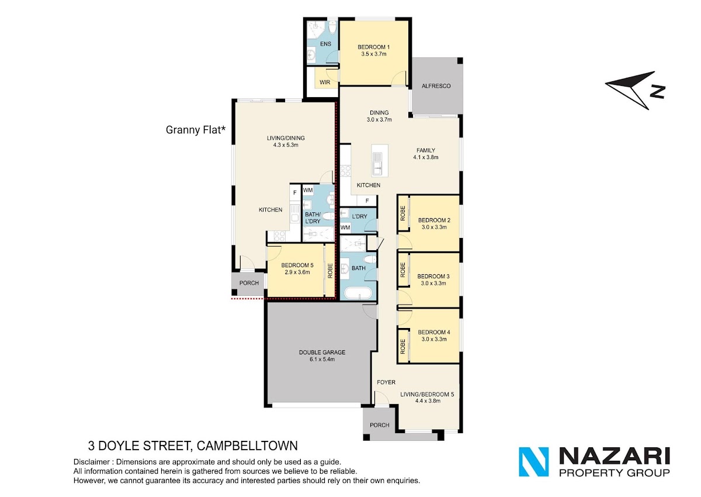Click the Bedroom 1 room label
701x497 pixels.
pyautogui.click(x=374, y=47)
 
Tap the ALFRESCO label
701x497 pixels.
pyautogui.click(x=436, y=86)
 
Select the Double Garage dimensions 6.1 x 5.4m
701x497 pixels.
pyautogui.click(x=322, y=359)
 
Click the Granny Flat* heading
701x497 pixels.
pyautogui.click(x=196, y=130)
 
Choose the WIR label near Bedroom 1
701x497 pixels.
pyautogui.click(x=325, y=82)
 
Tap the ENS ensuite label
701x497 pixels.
pyautogui.click(x=325, y=44)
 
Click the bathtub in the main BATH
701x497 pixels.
pyautogui.click(x=358, y=294)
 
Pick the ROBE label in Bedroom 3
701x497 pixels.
pyautogui.click(x=402, y=270)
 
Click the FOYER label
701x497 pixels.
pyautogui.click(x=386, y=382)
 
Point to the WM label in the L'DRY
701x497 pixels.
pyautogui.click(x=345, y=227)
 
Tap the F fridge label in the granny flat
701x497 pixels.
pyautogui.click(x=294, y=193)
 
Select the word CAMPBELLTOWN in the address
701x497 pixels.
pyautogui.click(x=247, y=446)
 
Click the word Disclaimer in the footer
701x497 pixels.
pyautogui.click(x=92, y=462)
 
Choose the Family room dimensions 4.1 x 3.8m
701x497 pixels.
pyautogui.click(x=426, y=157)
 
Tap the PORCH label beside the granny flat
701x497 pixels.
pyautogui.click(x=249, y=283)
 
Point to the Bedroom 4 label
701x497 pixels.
pyautogui.click(x=433, y=332)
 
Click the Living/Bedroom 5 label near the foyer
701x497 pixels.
pyautogui.click(x=427, y=394)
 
